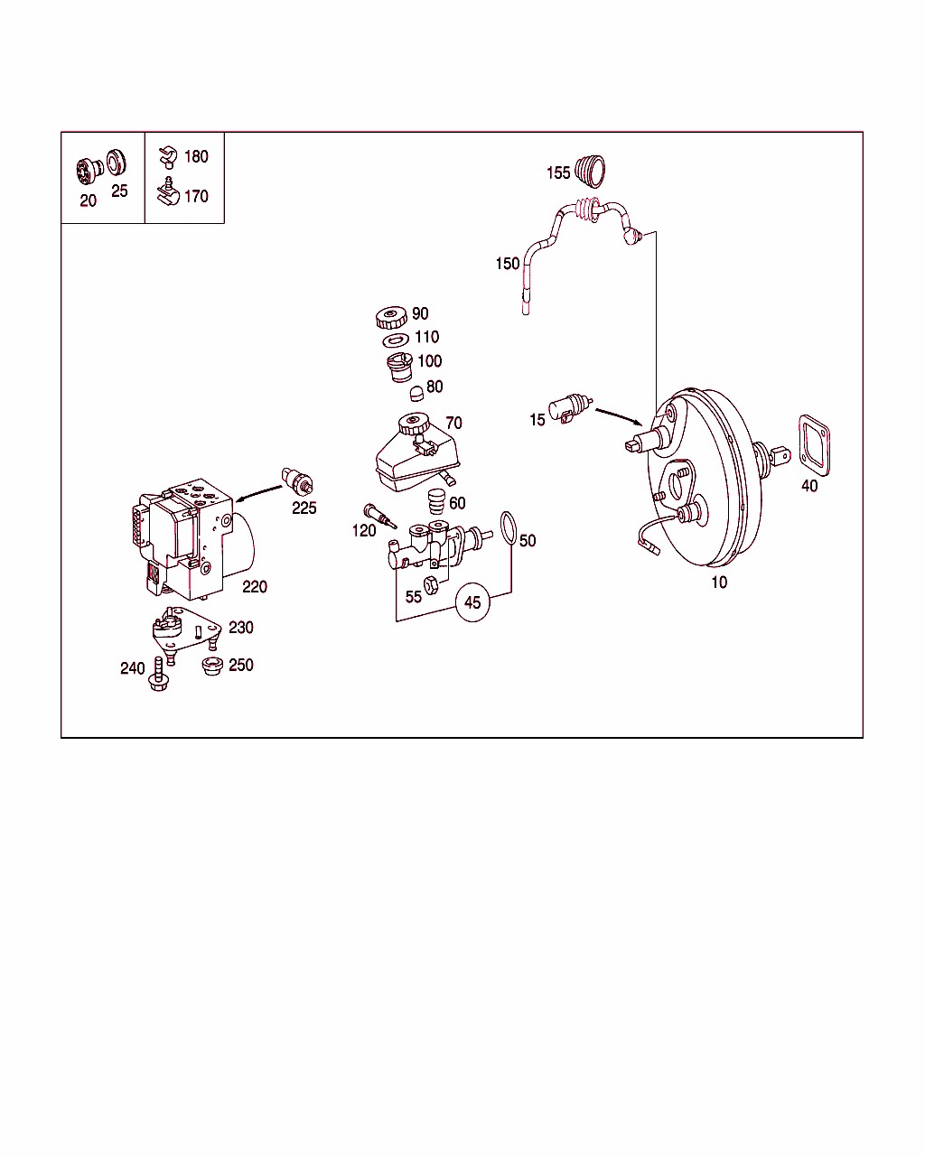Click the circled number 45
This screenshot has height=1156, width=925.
tap(472, 602)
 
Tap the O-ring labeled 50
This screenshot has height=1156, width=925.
tap(509, 528)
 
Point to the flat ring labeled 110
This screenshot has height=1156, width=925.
tap(396, 340)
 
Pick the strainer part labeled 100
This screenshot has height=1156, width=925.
tap(399, 366)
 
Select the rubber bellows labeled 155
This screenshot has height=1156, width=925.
tap(591, 169)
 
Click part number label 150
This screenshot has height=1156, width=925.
tap(508, 264)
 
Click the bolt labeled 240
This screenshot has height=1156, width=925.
tap(160, 676)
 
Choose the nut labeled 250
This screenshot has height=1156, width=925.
tap(213, 667)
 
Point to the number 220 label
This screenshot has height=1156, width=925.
tap(255, 587)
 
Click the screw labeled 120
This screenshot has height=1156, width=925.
tap(379, 517)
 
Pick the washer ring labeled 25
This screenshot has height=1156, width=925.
tap(116, 163)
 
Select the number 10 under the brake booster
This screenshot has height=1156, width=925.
tap(719, 583)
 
